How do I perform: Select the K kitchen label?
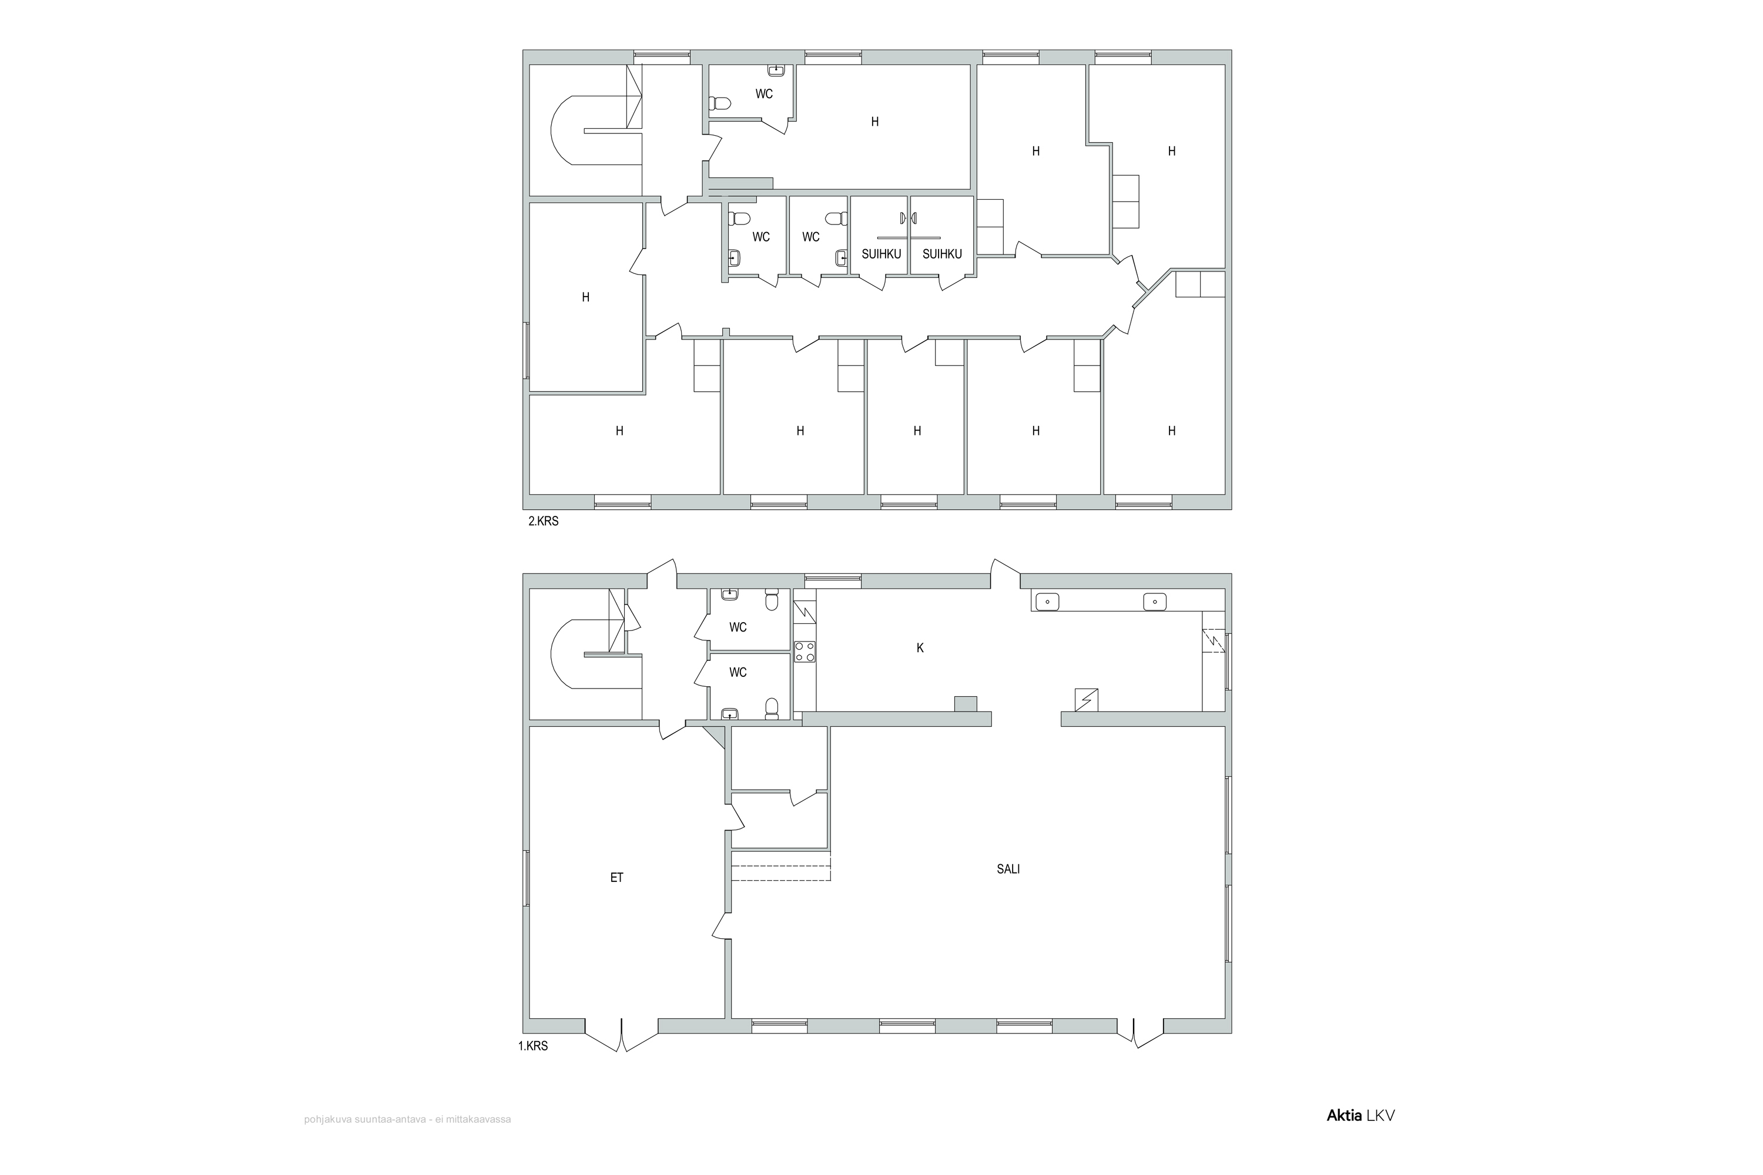920,648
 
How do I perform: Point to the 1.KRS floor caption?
533,1046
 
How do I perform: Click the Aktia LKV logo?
1360,1137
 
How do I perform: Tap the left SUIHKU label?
881,254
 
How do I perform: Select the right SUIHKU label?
941,254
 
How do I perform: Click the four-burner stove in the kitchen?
805,652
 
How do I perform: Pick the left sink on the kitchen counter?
1047,601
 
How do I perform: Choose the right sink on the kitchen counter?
1155,601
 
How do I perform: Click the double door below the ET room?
621,1036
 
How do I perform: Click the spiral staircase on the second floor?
596,130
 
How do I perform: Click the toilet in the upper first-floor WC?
771,601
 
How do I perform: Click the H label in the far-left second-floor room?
585,297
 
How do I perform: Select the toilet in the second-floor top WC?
719,103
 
